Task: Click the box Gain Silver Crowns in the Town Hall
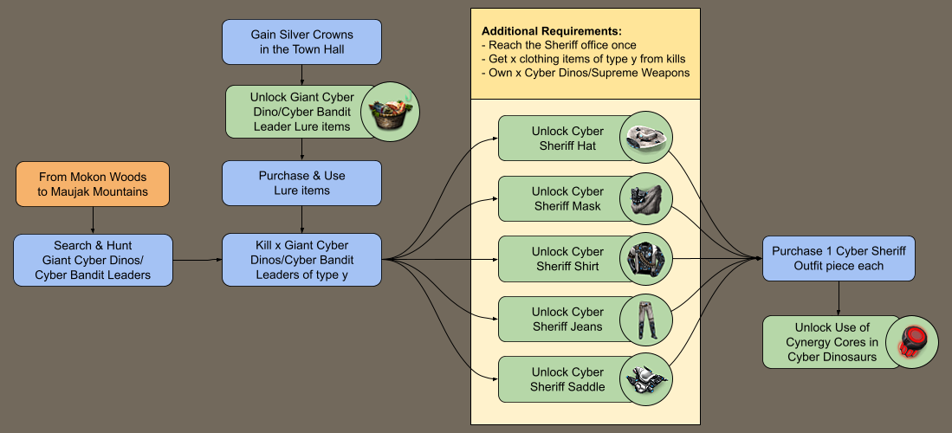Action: pos(301,42)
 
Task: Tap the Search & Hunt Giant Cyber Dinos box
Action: pos(94,259)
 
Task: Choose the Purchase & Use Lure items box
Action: pos(301,183)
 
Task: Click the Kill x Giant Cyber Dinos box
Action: pos(301,259)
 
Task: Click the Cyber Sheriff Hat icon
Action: pos(645,138)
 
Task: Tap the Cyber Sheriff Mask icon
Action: pos(645,198)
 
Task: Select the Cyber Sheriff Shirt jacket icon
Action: pos(645,259)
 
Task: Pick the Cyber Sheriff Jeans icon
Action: pos(645,319)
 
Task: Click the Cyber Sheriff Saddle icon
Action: pos(645,379)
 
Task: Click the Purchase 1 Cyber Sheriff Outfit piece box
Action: pos(838,259)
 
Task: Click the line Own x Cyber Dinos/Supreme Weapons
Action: pos(586,73)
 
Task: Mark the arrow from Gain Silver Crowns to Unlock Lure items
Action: pos(301,74)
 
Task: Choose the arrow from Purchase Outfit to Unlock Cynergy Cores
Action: pos(838,298)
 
